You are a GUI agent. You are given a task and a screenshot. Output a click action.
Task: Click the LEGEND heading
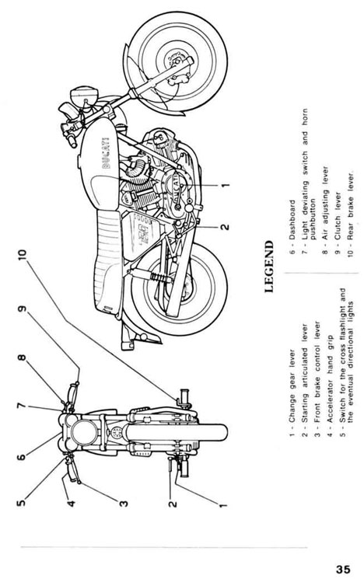pos(269,267)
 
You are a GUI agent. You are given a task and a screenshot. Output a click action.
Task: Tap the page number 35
pos(343,569)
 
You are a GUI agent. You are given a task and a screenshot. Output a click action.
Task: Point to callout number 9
pos(22,309)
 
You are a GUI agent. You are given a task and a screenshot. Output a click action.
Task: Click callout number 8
pos(22,358)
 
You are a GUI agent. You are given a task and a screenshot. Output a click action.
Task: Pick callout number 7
pos(22,406)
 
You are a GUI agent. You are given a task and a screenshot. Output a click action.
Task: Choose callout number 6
pos(22,456)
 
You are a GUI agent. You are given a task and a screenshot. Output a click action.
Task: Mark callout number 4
pos(71,503)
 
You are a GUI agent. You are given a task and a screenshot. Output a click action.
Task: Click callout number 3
pos(124,503)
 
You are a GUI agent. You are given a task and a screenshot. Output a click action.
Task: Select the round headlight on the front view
pos(84,433)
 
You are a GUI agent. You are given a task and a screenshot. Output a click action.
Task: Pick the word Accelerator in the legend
pos(330,402)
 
